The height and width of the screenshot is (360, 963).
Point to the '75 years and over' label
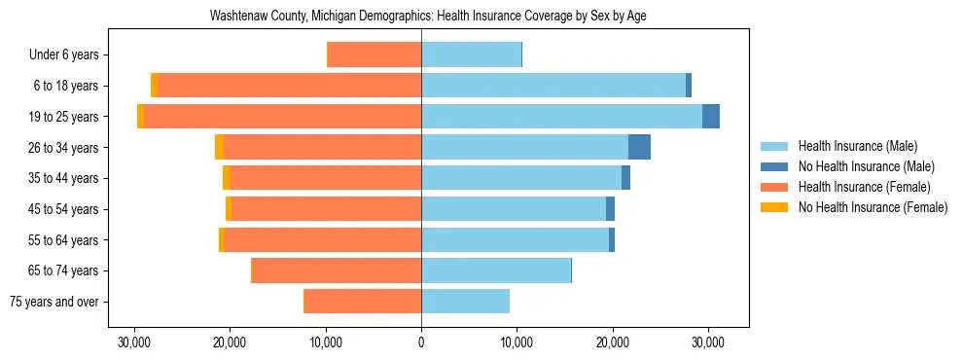[54, 302]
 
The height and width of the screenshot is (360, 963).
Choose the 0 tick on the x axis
[421, 342]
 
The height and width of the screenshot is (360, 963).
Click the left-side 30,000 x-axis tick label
[134, 342]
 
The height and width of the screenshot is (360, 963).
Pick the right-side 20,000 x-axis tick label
[613, 342]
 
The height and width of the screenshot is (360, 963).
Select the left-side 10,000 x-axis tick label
[325, 342]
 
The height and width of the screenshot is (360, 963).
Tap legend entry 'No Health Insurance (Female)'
[873, 207]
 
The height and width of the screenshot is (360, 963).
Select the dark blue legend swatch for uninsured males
[774, 166]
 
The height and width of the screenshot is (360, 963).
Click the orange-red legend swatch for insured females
[774, 187]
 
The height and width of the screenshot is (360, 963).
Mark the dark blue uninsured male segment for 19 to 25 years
[711, 117]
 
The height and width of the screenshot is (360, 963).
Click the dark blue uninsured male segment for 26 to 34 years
[639, 148]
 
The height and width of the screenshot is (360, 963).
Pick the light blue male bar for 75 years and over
[465, 302]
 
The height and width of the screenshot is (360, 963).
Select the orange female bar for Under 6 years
[374, 55]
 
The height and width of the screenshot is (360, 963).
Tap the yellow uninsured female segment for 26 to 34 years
[219, 148]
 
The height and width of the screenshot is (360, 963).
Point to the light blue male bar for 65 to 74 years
[496, 270]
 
